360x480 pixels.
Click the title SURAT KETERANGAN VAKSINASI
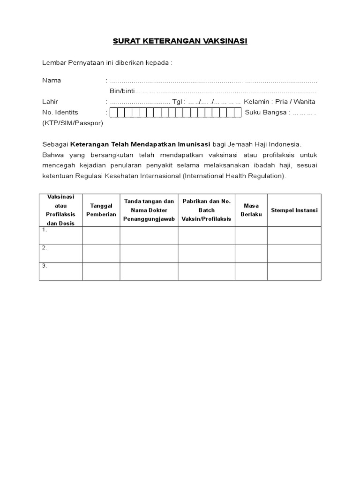pyautogui.click(x=180, y=41)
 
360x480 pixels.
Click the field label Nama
pyautogui.click(x=52, y=80)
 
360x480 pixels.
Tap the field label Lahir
pyautogui.click(x=51, y=102)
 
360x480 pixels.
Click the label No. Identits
pyautogui.click(x=60, y=112)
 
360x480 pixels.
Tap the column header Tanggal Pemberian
pyautogui.click(x=101, y=210)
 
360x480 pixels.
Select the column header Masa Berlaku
pyautogui.click(x=251, y=210)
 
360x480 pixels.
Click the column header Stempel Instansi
pyautogui.click(x=294, y=210)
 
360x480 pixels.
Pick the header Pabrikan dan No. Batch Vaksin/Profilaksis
pyautogui.click(x=206, y=210)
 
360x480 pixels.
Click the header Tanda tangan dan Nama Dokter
pyautogui.click(x=149, y=210)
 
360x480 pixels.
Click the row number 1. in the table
pyautogui.click(x=44, y=230)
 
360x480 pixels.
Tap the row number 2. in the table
pyautogui.click(x=44, y=248)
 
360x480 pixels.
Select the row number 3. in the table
pyautogui.click(x=44, y=266)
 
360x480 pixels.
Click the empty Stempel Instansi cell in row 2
pyautogui.click(x=294, y=254)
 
